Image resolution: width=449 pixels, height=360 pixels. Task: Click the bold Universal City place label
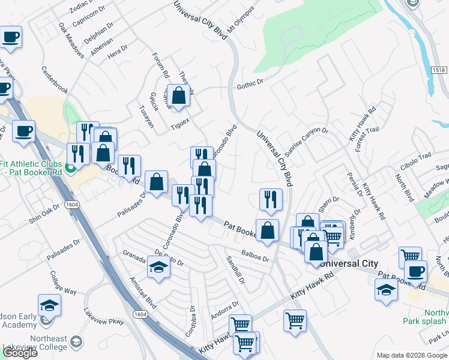coord(349,263)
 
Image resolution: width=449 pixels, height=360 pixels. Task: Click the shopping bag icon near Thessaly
coord(179,95)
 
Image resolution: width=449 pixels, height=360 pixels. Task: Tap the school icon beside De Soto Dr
coord(158,268)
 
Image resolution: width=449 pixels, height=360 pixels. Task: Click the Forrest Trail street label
coord(367,139)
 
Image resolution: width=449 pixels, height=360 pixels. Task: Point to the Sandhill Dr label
coord(235,269)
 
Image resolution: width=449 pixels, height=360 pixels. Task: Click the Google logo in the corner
coord(19,353)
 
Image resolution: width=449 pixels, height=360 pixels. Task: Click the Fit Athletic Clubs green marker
coord(71,169)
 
